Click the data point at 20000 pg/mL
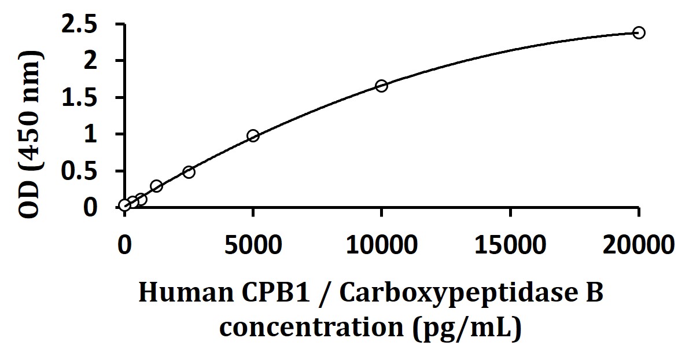tap(639, 32)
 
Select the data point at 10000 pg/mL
tap(381, 86)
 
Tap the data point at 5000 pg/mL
tap(253, 136)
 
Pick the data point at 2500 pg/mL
tap(189, 172)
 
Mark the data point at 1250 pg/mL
tap(156, 186)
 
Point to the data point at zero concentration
tap(124, 205)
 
